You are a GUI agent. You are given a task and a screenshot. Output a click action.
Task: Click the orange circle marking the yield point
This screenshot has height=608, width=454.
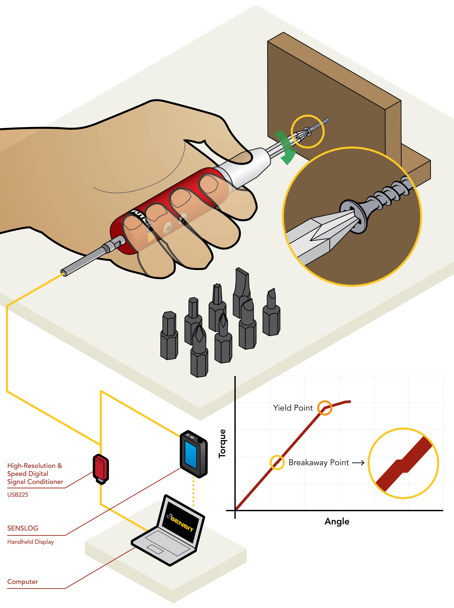click(x=324, y=408)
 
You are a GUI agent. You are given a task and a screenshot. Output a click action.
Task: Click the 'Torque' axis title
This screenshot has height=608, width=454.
click(x=222, y=443)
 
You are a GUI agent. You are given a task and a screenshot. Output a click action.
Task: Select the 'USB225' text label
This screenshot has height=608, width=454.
click(x=18, y=495)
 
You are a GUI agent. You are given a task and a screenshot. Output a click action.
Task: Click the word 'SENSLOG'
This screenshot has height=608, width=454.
click(x=23, y=528)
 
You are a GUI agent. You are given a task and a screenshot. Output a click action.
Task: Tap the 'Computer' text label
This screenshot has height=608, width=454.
click(x=23, y=582)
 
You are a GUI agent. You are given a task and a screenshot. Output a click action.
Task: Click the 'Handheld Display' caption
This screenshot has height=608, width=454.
click(x=31, y=542)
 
